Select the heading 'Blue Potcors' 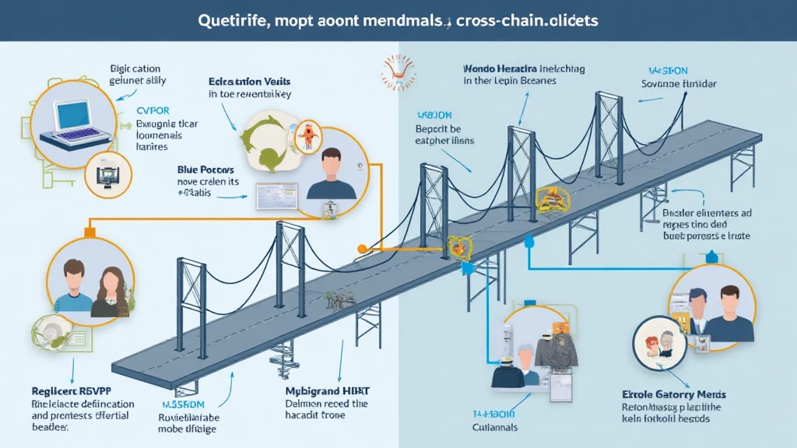(x=201, y=168)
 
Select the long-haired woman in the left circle (x=109, y=292)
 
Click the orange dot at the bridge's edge (x=361, y=249)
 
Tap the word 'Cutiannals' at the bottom (x=495, y=427)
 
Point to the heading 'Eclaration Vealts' (x=245, y=81)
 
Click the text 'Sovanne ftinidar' (x=679, y=83)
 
